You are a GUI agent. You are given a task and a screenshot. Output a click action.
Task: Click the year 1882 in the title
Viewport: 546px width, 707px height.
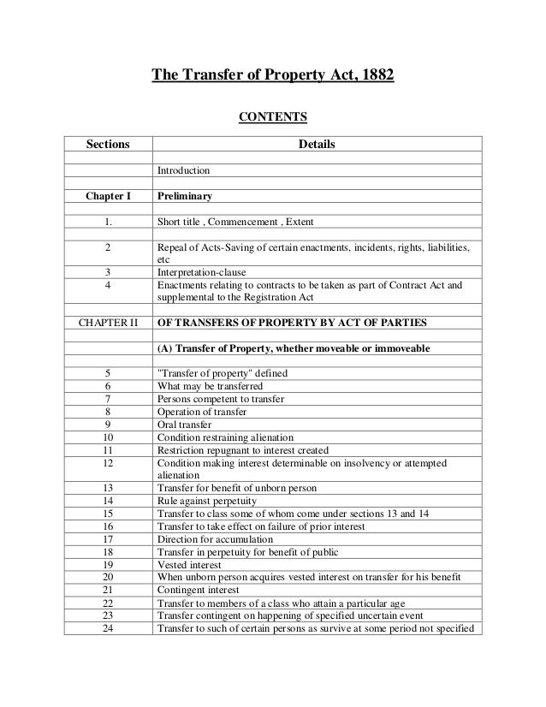[377, 74]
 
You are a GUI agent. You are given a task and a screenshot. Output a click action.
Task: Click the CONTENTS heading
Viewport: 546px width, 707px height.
[272, 116]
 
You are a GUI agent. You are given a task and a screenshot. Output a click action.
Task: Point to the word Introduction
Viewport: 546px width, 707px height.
[183, 171]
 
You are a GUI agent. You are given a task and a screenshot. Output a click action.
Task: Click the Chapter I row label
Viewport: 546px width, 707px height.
[108, 196]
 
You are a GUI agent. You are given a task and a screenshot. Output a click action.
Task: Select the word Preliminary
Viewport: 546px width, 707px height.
[185, 196]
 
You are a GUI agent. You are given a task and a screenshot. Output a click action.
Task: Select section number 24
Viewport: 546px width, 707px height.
[108, 629]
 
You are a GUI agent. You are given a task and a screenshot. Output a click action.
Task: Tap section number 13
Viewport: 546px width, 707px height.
[108, 488]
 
